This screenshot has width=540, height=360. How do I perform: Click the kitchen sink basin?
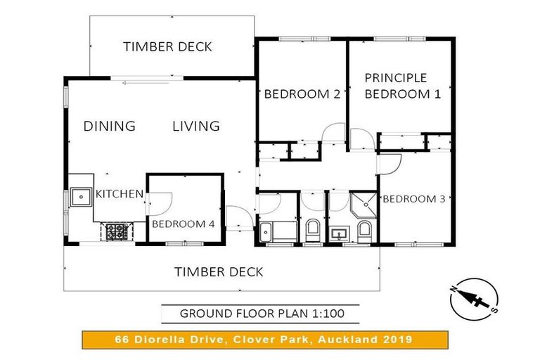tap(81, 197)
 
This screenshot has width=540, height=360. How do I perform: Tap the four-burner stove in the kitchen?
tap(115, 231)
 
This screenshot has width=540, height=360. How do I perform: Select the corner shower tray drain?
tap(366, 205)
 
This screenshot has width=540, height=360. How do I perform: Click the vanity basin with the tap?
tap(339, 235)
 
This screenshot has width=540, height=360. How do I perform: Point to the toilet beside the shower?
tap(364, 231)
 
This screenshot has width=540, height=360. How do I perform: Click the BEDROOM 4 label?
tap(184, 224)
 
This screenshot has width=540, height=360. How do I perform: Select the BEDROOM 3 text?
tap(414, 199)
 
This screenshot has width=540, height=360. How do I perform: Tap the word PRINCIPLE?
tap(396, 78)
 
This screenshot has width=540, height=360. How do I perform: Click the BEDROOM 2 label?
tap(302, 94)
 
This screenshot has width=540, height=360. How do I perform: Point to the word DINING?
tap(110, 126)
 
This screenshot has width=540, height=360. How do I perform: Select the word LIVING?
tap(196, 126)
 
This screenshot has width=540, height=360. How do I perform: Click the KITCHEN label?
tap(120, 194)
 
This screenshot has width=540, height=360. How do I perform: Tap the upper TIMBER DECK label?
tap(167, 47)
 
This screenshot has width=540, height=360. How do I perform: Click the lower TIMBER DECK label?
tap(219, 272)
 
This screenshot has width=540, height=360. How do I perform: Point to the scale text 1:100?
tap(328, 314)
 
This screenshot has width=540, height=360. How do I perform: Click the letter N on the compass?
tap(454, 289)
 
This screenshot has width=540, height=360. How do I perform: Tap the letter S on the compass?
tap(494, 310)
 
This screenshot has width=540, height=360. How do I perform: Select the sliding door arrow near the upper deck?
tap(146, 83)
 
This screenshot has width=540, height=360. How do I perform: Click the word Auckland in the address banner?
tap(348, 340)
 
